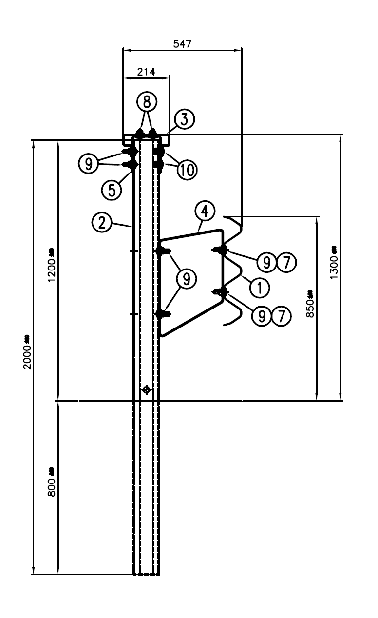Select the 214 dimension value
[x=146, y=72]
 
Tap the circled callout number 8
[x=147, y=101]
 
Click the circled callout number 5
[x=112, y=189]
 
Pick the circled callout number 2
[x=101, y=223]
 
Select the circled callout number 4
[x=205, y=212]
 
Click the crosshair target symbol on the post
[x=146, y=389]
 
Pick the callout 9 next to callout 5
[x=89, y=163]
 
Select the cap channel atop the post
[x=146, y=139]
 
